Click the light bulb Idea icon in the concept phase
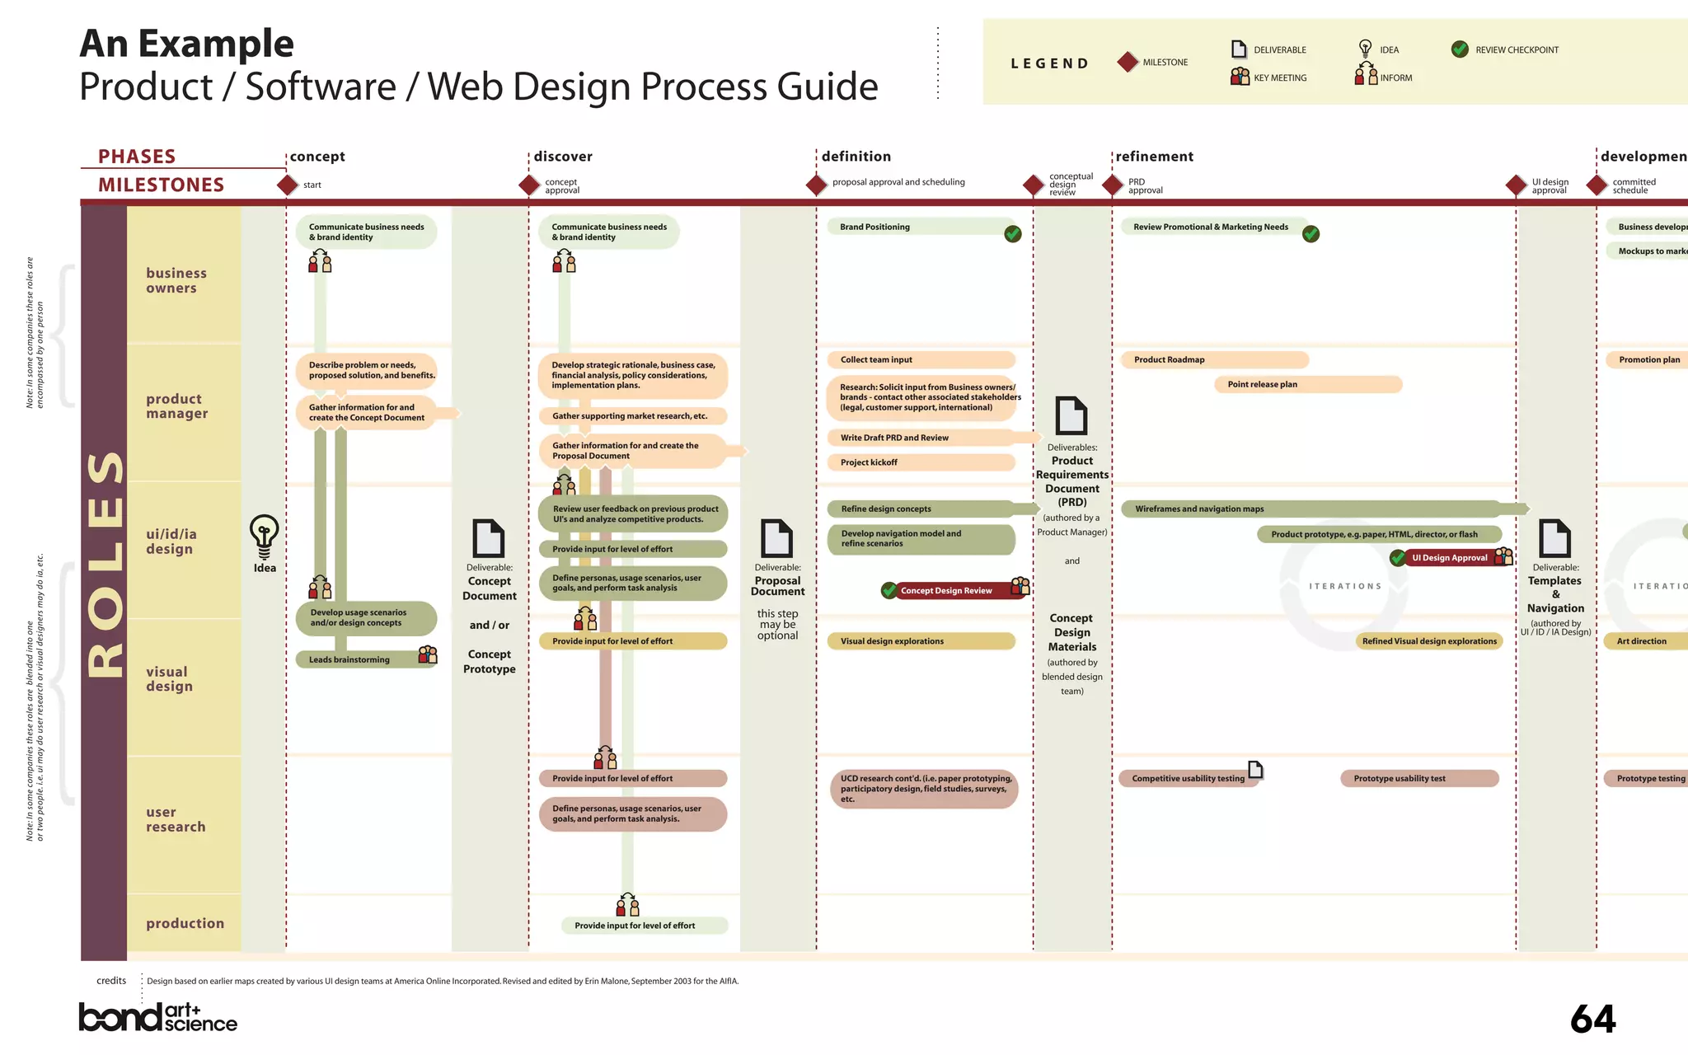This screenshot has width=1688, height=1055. pos(264,536)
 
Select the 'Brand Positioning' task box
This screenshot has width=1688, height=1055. pos(915,227)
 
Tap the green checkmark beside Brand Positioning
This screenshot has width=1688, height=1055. pos(1013,234)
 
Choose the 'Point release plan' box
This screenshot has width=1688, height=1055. pos(1307,384)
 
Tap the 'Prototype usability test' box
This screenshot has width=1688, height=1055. pos(1418,778)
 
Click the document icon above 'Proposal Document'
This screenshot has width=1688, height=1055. pos(776,538)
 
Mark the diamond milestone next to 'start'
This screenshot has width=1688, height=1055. pos(288,185)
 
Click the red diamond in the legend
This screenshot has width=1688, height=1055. pos(1128,62)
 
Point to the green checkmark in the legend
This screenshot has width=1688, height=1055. pos(1460,49)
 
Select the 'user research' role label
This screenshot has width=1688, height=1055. pos(176,819)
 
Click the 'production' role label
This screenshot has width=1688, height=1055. pos(185,923)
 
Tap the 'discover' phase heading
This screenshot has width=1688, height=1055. pos(563,157)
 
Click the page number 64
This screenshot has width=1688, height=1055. pos(1592,1020)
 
